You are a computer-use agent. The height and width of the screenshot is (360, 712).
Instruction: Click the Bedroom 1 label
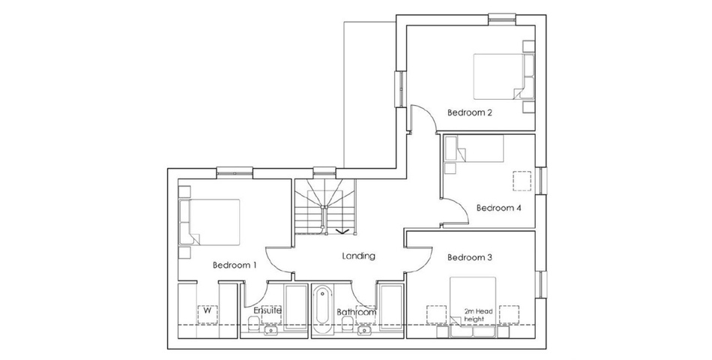(235, 265)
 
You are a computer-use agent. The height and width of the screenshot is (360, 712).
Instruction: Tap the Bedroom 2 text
(469, 112)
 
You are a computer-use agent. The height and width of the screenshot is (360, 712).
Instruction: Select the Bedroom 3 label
(469, 258)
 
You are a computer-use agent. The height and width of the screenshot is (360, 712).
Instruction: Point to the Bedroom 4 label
(498, 208)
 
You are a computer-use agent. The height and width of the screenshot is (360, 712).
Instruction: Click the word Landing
(359, 256)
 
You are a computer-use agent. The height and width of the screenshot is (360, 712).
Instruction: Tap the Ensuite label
(268, 311)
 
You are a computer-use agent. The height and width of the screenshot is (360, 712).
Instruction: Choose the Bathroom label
(357, 313)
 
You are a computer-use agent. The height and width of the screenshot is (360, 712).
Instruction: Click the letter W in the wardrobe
(208, 311)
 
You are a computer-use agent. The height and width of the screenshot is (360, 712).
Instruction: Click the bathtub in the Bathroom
(322, 305)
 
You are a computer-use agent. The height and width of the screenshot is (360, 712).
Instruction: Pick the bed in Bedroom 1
(209, 222)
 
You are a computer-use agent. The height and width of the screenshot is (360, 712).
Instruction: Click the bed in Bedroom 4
(474, 148)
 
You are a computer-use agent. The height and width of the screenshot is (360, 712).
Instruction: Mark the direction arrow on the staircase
(343, 231)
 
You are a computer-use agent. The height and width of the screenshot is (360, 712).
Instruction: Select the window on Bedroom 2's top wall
(503, 19)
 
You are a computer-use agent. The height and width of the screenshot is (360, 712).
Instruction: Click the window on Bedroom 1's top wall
(235, 172)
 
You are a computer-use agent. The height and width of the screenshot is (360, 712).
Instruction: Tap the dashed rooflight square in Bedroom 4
(522, 181)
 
